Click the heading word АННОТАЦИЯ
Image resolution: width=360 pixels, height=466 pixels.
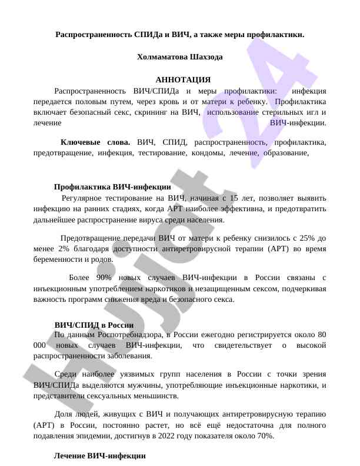(x=182, y=79)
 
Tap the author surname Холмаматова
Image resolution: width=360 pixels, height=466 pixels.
(x=162, y=57)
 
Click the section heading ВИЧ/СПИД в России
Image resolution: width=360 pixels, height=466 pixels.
(x=94, y=325)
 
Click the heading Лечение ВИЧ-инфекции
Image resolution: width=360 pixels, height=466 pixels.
(x=99, y=455)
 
